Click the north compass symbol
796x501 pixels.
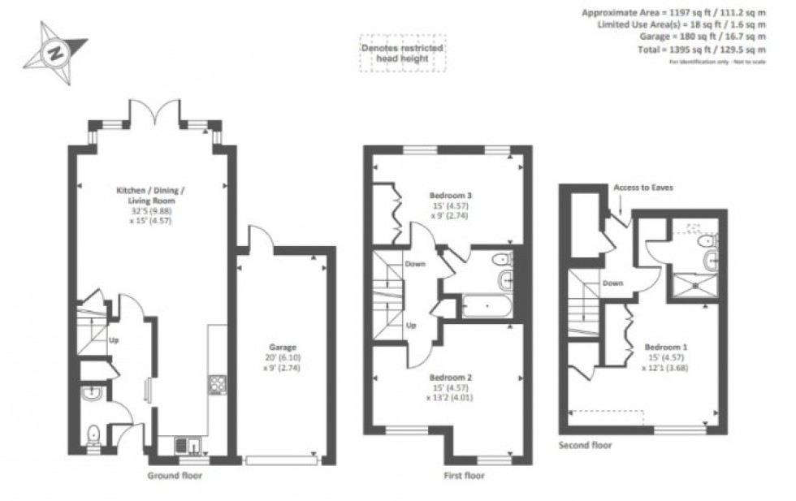(54, 54)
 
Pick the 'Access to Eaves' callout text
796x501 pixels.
(643, 188)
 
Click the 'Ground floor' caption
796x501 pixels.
(174, 475)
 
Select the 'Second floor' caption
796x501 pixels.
(586, 446)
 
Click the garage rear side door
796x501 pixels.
(258, 237)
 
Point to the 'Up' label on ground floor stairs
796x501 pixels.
(113, 341)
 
